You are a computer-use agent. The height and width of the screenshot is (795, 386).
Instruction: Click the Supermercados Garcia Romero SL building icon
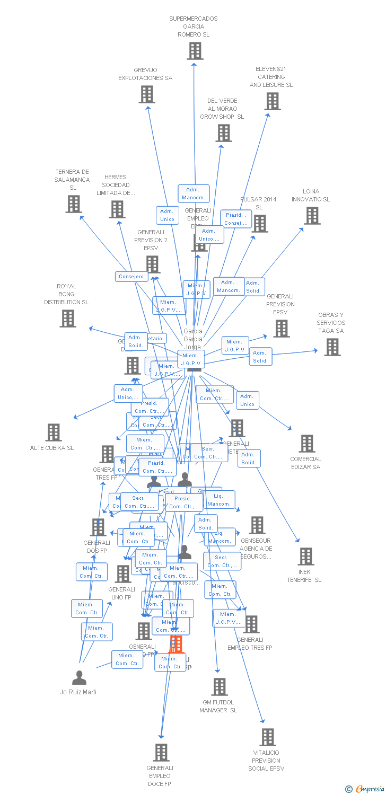point(195,51)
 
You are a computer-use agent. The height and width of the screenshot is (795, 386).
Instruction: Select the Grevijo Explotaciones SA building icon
point(147,94)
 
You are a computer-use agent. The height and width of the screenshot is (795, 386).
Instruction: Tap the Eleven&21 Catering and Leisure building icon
point(273,101)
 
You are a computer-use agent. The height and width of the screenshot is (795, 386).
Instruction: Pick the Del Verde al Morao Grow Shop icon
point(224,133)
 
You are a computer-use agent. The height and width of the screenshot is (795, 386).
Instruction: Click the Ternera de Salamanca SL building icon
point(74,204)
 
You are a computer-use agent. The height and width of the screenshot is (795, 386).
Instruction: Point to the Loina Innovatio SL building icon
point(312,215)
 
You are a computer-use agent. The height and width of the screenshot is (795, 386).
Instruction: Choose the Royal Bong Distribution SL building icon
point(68,318)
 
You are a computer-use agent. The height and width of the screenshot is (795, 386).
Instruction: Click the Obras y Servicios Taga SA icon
point(332,347)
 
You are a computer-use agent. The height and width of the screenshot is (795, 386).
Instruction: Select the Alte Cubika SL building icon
point(54,432)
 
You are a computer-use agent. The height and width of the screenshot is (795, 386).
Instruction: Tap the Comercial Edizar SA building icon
point(307,444)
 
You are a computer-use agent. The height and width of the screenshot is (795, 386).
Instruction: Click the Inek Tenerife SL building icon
point(306,556)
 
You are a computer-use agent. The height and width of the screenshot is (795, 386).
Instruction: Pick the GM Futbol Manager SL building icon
point(219,686)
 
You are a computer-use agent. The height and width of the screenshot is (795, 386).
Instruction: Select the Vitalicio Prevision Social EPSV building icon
point(268,737)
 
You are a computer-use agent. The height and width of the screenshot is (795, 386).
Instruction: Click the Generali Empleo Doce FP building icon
point(161,752)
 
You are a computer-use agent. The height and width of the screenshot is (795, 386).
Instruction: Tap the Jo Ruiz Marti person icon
point(79,677)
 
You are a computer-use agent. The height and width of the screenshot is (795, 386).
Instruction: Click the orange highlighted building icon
point(176,644)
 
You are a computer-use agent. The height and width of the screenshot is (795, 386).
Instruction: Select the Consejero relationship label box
point(131,277)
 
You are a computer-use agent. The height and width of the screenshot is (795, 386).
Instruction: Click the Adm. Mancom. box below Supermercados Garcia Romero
point(194,194)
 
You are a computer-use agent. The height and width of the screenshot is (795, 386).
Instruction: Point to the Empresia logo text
point(370,789)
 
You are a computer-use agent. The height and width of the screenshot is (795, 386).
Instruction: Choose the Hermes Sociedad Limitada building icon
point(117,209)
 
